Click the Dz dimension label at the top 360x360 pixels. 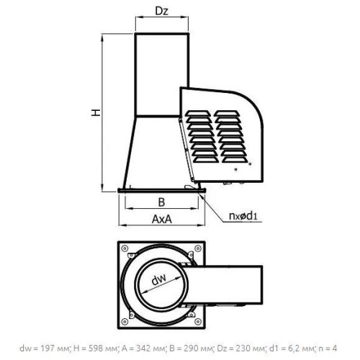click(162, 11)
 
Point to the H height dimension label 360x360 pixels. click(96, 112)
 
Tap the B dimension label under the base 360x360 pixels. click(162, 202)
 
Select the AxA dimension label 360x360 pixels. click(162, 219)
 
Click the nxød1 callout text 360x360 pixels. click(243, 216)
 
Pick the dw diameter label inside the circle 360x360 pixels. click(159, 279)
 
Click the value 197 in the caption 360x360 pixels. click(47, 348)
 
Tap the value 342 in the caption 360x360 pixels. click(143, 348)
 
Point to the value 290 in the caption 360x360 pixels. click(190, 348)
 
